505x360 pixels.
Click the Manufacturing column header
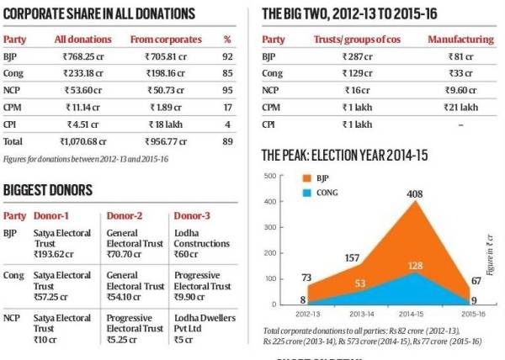click(x=459, y=40)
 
